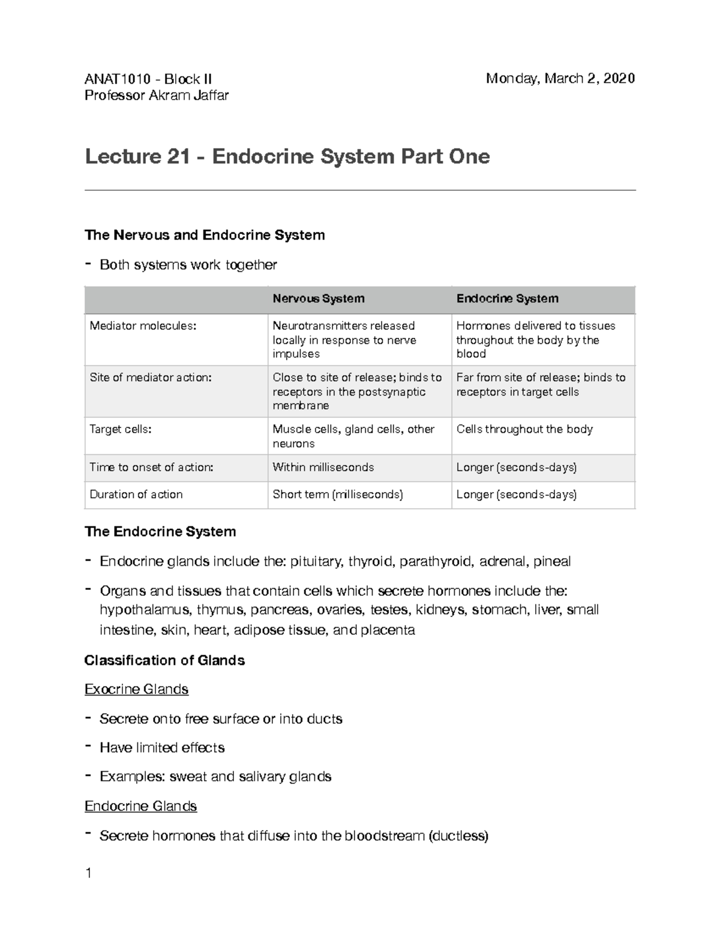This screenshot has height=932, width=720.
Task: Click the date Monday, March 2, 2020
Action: pyautogui.click(x=560, y=79)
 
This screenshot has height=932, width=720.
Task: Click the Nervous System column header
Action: pyautogui.click(x=318, y=299)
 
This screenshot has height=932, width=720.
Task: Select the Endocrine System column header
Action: pyautogui.click(x=507, y=299)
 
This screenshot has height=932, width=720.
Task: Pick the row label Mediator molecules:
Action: pyautogui.click(x=143, y=326)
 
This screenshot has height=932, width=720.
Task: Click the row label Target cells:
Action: pyautogui.click(x=120, y=429)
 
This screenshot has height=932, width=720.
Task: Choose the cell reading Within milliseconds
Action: pyautogui.click(x=323, y=467)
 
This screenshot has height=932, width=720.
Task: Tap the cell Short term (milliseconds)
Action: pyautogui.click(x=337, y=495)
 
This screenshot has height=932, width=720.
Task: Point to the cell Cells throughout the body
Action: pyautogui.click(x=524, y=429)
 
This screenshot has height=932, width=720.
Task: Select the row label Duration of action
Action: pyautogui.click(x=136, y=495)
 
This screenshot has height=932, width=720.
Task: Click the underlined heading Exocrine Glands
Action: pyautogui.click(x=136, y=689)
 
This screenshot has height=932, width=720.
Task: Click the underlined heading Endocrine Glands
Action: pyautogui.click(x=140, y=806)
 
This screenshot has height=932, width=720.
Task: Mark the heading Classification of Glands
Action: pyautogui.click(x=164, y=661)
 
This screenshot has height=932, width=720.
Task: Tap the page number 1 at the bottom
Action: pyautogui.click(x=88, y=873)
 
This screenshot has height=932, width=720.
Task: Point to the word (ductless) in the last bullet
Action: pyautogui.click(x=458, y=835)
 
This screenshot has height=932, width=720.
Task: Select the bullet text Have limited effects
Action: pyautogui.click(x=162, y=748)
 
